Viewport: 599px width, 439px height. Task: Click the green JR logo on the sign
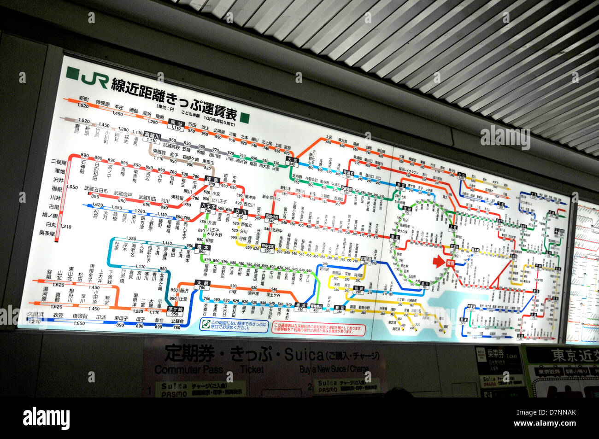pos(88,79)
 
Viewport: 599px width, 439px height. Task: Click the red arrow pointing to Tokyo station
pos(438,262)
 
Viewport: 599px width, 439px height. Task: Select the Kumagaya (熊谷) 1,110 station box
pos(176,125)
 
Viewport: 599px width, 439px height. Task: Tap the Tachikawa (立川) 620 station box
pos(241,213)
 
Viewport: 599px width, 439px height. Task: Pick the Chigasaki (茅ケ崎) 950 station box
pos(175,311)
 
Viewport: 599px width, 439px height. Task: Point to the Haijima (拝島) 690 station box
pos(211,181)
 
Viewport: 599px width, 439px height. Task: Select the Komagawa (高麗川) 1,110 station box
pos(152,137)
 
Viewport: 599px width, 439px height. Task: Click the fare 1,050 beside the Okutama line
pos(72,187)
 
